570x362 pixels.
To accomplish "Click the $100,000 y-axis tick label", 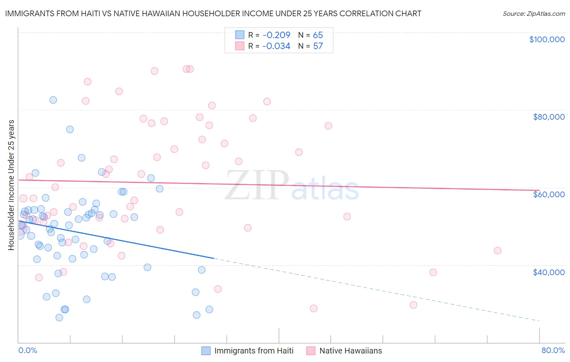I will pyautogui.click(x=547, y=39).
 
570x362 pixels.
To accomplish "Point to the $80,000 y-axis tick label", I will pyautogui.click(x=549, y=117).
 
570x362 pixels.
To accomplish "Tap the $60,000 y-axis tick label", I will pyautogui.click(x=549, y=194).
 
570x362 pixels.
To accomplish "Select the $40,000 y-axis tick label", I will pyautogui.click(x=549, y=272).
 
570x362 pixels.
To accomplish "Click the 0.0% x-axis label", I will pyautogui.click(x=28, y=350).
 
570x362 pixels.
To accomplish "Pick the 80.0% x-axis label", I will pyautogui.click(x=553, y=350).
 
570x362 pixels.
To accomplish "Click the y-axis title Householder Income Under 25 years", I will pyautogui.click(x=11, y=185).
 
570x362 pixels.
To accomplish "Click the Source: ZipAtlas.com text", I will pyautogui.click(x=534, y=13).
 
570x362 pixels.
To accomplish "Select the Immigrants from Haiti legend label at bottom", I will pyautogui.click(x=254, y=351).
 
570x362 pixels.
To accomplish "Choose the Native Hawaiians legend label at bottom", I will pyautogui.click(x=351, y=351).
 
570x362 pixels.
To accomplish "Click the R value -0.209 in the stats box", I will pyautogui.click(x=276, y=35).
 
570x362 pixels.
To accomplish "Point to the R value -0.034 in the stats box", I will pyautogui.click(x=276, y=46).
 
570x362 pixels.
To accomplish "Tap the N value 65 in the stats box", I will pyautogui.click(x=318, y=35).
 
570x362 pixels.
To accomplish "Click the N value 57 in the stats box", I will pyautogui.click(x=318, y=46).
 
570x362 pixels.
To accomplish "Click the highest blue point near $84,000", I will pyautogui.click(x=53, y=100).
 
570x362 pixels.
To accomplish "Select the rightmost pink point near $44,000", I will pyautogui.click(x=497, y=250).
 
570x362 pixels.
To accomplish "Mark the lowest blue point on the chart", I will pyautogui.click(x=59, y=317).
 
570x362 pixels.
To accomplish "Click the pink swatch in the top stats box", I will pyautogui.click(x=240, y=46).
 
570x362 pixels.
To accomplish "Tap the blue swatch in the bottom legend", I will pyautogui.click(x=206, y=351).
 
